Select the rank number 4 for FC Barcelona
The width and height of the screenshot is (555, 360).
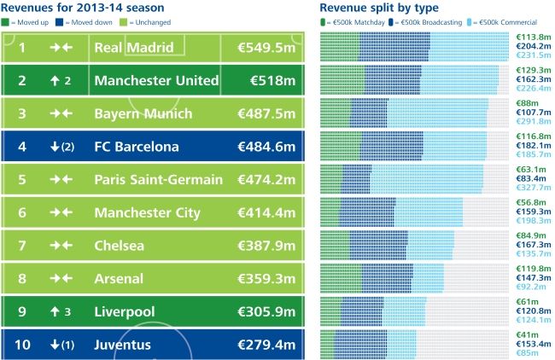coord(22,147)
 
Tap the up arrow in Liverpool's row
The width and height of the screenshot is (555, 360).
coord(55,312)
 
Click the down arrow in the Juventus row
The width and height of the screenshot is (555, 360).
coord(55,345)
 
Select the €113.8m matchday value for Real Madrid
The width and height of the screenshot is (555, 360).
coord(534,38)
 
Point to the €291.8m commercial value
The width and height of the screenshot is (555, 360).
coord(534,121)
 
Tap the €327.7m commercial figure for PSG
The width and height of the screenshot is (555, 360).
coord(534,187)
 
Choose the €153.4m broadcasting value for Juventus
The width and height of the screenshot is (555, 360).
coord(534,342)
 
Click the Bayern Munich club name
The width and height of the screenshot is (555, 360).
coord(144,114)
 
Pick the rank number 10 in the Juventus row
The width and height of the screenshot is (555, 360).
coord(22,345)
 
